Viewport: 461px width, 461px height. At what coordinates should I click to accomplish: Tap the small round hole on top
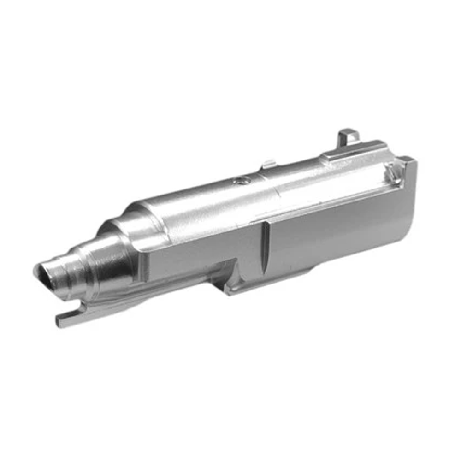(239, 181)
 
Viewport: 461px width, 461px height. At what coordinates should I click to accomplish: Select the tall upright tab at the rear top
(347, 136)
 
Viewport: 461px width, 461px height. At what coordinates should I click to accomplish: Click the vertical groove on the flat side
(264, 249)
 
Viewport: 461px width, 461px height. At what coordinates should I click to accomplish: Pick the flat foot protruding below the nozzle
(69, 318)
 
